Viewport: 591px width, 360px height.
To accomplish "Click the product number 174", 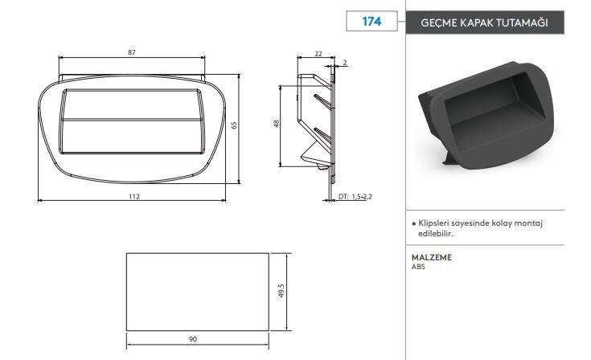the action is point(371,22).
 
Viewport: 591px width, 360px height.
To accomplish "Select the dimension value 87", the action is point(132,52).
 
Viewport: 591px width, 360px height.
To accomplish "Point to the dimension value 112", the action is point(134,196).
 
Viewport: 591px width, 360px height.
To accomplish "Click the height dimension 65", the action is point(234,125).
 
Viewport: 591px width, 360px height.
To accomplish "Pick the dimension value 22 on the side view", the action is point(318,54).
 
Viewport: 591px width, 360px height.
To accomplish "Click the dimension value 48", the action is point(277,124).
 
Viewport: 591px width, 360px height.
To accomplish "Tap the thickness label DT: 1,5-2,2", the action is point(355,197).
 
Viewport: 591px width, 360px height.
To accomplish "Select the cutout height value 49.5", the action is point(281,291).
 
